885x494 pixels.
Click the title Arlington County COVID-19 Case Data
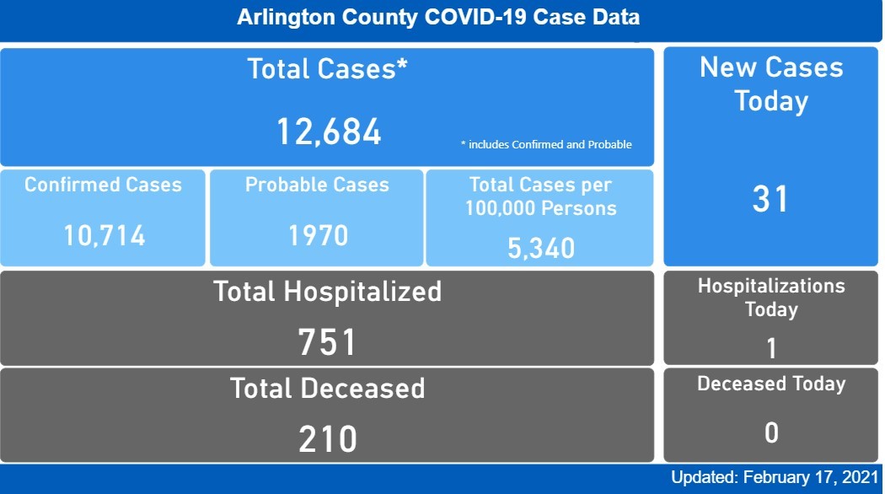tap(438, 18)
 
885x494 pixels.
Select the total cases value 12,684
tap(329, 132)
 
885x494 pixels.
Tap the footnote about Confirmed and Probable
tap(546, 145)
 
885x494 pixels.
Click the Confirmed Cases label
tap(103, 185)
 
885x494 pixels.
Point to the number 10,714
tap(105, 235)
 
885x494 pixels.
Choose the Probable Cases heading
tap(317, 185)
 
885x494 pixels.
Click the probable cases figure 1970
tap(318, 235)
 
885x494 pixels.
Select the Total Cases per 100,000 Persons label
tap(540, 196)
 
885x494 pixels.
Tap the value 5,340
tap(541, 248)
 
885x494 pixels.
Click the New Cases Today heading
tap(771, 84)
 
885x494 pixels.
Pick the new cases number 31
tap(770, 199)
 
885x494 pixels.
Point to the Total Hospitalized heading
tap(327, 292)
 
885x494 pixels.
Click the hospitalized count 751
tap(327, 342)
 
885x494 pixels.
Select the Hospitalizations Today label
tap(771, 298)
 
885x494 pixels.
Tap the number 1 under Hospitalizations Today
tap(771, 347)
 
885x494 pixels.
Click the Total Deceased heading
tap(327, 389)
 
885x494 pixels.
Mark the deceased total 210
tap(327, 438)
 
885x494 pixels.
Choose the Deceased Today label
tap(771, 384)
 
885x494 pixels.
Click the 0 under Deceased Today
tap(771, 433)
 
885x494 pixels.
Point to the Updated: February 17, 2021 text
tap(775, 478)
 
